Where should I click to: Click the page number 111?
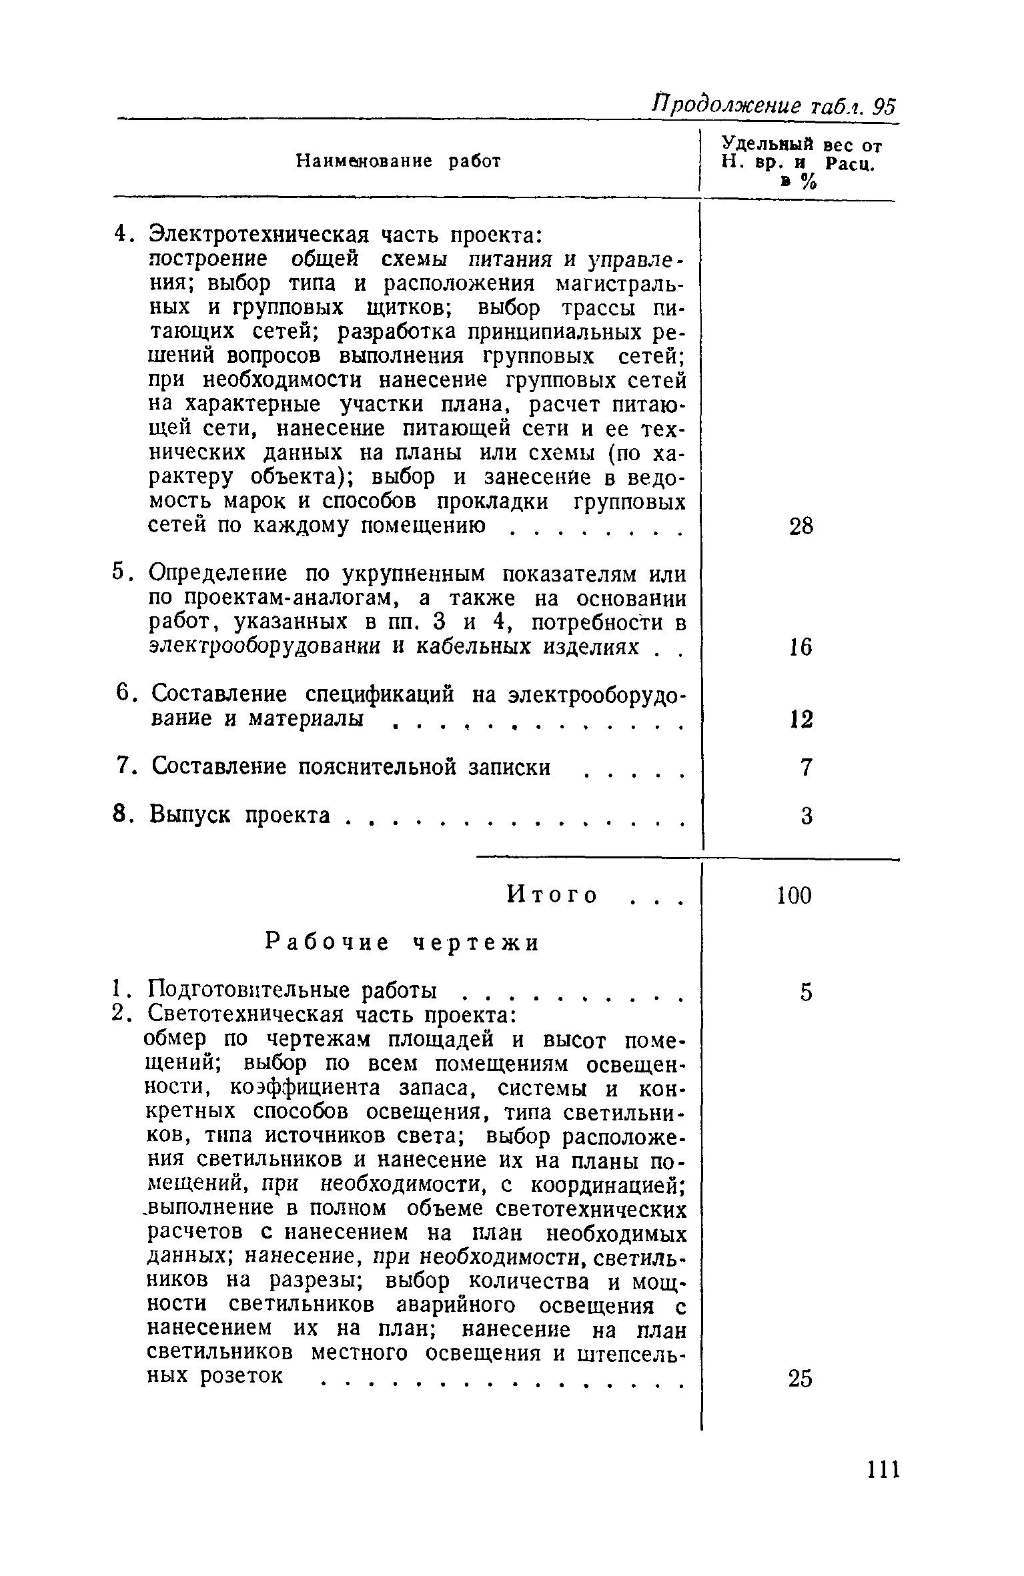(x=883, y=1470)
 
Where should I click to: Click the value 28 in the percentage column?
(x=801, y=527)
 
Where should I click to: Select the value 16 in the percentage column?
(x=801, y=647)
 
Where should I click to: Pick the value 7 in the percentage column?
(x=806, y=768)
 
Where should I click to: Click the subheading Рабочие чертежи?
(x=402, y=943)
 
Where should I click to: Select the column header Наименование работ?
(x=398, y=161)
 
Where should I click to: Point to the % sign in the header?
(x=808, y=182)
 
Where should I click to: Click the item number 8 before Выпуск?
(x=119, y=814)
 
